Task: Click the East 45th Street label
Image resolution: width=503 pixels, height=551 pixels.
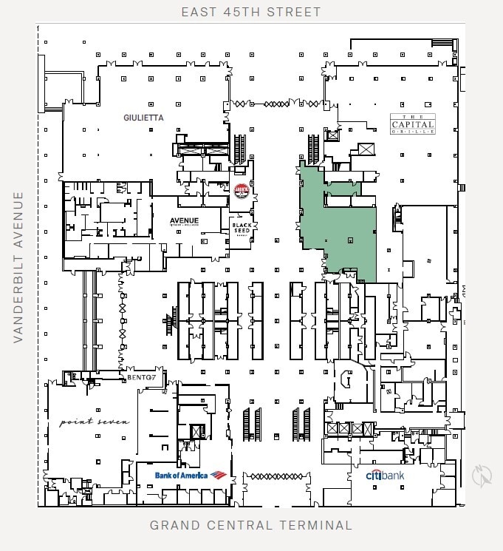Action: point(252,12)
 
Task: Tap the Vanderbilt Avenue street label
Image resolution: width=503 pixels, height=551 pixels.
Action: point(18,267)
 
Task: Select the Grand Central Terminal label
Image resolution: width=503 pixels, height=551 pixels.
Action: point(251,526)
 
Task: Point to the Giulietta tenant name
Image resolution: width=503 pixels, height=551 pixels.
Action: point(143,118)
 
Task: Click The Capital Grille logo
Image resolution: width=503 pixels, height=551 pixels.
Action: point(412,123)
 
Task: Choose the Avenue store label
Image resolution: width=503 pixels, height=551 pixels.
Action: point(184,221)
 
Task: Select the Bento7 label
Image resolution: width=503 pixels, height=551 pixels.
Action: point(141,377)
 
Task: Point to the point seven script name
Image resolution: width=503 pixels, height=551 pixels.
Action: point(95,422)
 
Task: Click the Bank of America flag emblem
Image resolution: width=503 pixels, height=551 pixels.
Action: point(218,475)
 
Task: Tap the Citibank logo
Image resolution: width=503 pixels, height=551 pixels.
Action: point(385,476)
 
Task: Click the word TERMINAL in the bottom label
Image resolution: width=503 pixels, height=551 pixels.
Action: point(319,526)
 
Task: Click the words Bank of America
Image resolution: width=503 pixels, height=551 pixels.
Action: point(181,475)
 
